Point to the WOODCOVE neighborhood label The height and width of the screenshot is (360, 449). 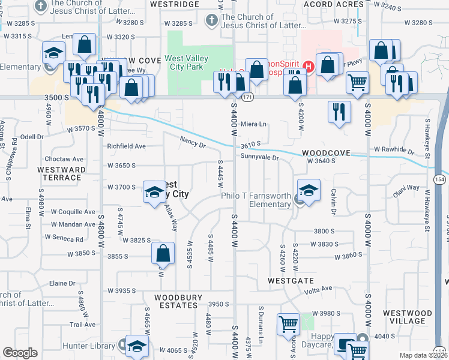pos(326,154)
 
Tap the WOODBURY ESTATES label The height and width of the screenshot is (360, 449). pos(176,301)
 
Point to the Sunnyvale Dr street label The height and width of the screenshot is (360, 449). pos(260,158)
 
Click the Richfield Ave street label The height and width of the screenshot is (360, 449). pos(126,146)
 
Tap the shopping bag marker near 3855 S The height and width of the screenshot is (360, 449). pos(163,255)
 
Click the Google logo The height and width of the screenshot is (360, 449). pos(20,353)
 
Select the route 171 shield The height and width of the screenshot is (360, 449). pos(248,97)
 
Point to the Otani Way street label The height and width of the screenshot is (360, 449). pos(406,188)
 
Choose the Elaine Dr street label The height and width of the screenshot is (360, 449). pos(62,283)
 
